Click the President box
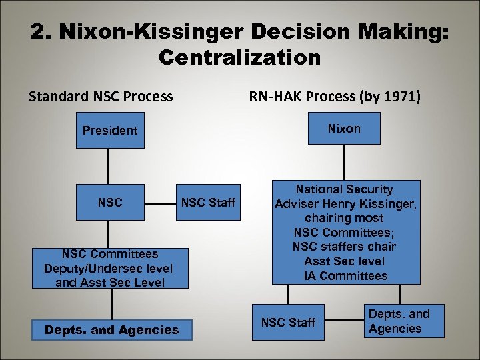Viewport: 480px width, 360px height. pos(110,130)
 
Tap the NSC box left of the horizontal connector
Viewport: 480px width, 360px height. pos(110,202)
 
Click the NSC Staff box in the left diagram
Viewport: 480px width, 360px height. pos(208,202)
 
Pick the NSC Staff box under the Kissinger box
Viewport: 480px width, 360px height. pos(288,322)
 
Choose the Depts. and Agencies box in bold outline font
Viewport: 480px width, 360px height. pos(111,329)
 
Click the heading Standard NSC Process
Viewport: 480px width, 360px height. pos(101,97)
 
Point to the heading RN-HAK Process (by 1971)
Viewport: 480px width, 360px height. pos(335,97)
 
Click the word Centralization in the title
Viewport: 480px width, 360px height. pos(240,57)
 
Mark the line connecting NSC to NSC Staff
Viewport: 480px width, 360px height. pos(161,202)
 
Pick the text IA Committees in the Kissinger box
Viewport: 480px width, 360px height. pos(345,275)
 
